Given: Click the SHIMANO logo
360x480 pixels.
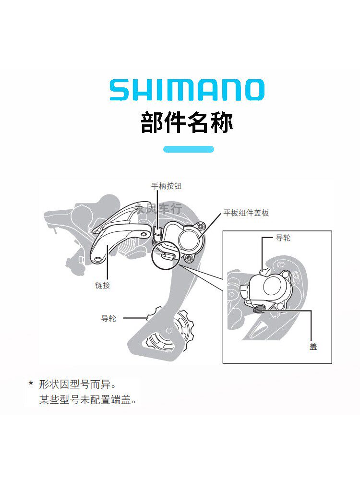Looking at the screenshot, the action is pyautogui.click(x=187, y=90).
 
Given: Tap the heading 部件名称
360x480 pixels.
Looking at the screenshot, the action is pyautogui.click(x=187, y=123).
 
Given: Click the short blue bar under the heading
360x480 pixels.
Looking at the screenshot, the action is pyautogui.click(x=188, y=149).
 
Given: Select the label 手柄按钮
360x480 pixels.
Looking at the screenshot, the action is pyautogui.click(x=166, y=186).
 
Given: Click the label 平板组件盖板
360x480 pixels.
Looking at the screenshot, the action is pyautogui.click(x=246, y=213).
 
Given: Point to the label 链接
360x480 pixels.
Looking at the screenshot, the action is pyautogui.click(x=102, y=285).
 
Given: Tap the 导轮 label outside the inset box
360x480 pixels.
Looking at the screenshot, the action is pyautogui.click(x=108, y=318).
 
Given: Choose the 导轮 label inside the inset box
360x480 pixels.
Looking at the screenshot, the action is pyautogui.click(x=283, y=238).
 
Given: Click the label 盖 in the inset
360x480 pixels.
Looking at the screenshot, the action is pyautogui.click(x=313, y=347).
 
